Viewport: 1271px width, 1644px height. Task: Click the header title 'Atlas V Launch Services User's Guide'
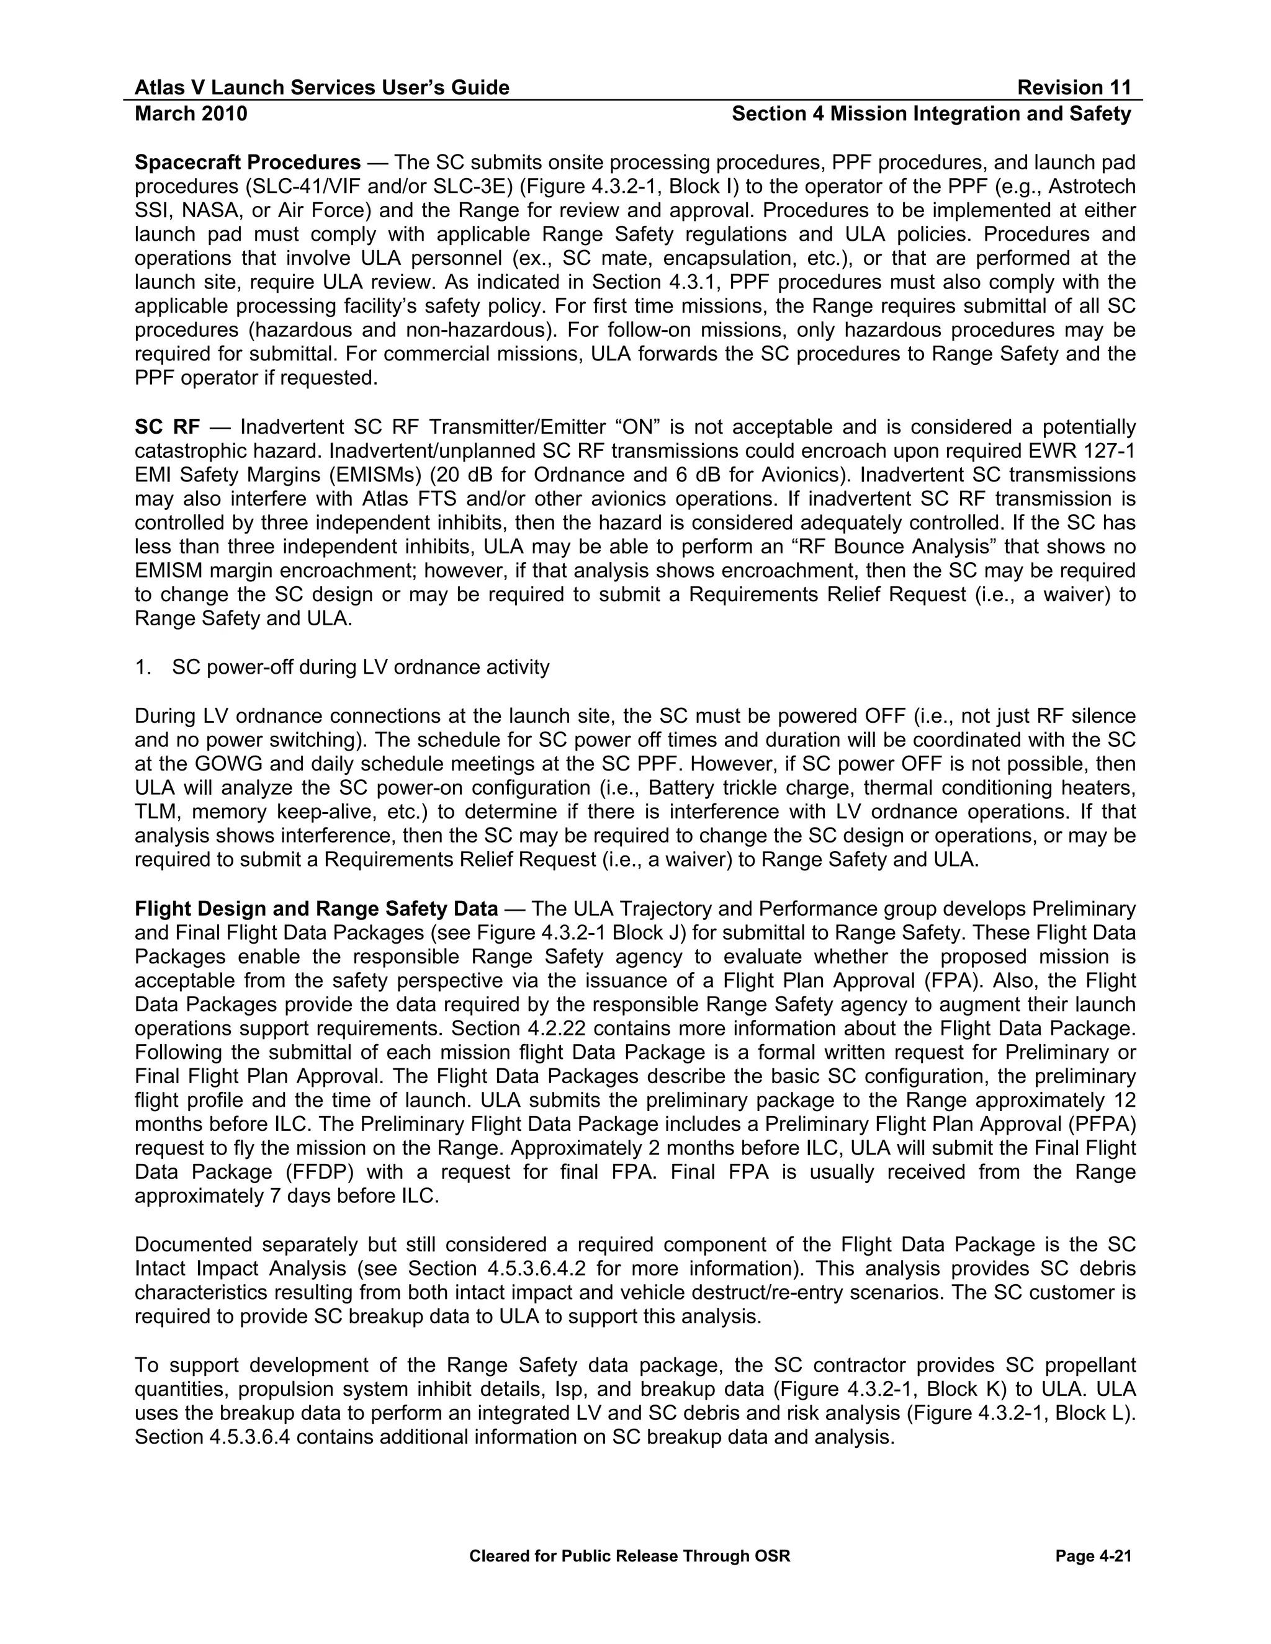[321, 88]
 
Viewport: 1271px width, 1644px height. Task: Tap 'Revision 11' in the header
[1074, 88]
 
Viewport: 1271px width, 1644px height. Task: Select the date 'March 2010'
[191, 114]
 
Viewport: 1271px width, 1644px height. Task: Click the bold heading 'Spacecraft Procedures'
[248, 163]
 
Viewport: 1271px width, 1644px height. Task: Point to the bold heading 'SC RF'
[167, 427]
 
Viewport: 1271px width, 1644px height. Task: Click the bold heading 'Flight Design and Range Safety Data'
[317, 909]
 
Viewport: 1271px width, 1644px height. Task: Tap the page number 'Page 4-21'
[1094, 1556]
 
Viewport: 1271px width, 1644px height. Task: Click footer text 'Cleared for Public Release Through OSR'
[629, 1556]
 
